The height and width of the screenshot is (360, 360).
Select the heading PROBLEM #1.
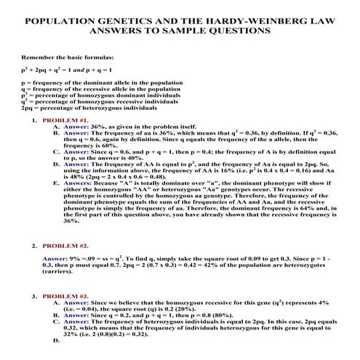tap(65, 119)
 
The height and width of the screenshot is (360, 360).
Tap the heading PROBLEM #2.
tap(65, 246)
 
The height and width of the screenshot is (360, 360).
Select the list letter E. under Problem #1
tap(57, 183)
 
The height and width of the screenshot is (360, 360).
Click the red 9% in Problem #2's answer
tap(73, 258)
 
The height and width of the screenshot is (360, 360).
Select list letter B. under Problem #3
tap(57, 315)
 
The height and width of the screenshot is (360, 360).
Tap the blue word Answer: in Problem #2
tap(54, 258)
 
